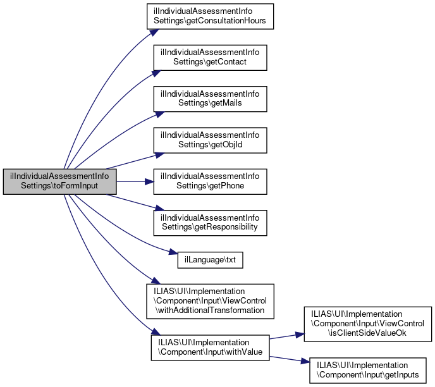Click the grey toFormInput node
[60, 181]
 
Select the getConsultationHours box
[210, 16]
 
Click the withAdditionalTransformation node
[210, 298]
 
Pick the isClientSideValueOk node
[369, 323]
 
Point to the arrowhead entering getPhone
[150, 181]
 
